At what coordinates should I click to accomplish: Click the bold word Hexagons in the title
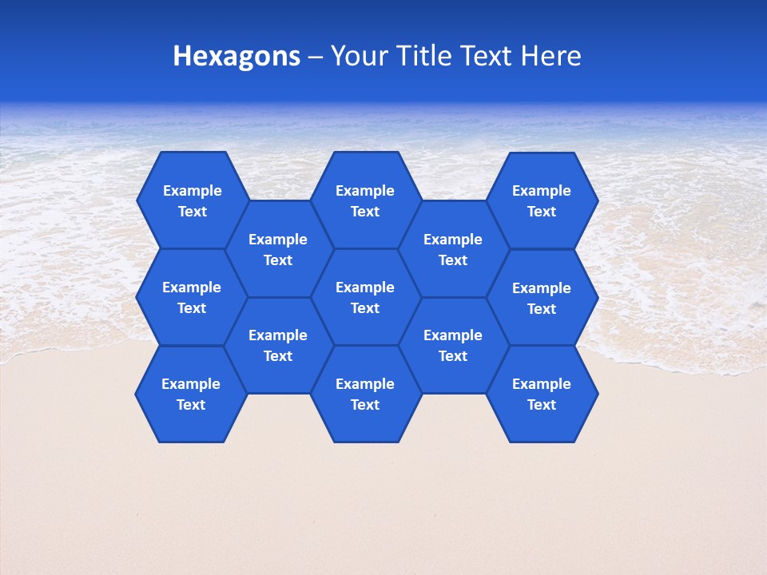tap(236, 57)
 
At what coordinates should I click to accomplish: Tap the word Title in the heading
tap(421, 56)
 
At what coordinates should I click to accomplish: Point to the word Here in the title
tap(550, 56)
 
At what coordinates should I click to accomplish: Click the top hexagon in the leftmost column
tap(192, 200)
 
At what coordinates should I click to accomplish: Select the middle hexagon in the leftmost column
tap(192, 297)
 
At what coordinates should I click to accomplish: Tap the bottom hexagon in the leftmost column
tap(191, 394)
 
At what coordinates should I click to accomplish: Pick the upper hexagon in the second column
tap(278, 249)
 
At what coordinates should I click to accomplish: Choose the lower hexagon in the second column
tap(278, 345)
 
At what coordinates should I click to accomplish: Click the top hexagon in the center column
tap(365, 200)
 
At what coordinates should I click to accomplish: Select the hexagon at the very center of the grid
tap(365, 297)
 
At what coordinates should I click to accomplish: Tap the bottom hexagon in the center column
tap(365, 394)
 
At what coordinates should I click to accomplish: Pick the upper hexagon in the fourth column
tap(453, 249)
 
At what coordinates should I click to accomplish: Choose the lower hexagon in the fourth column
tap(453, 345)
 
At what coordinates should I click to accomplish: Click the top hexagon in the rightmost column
tap(542, 200)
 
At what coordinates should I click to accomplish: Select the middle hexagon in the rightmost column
tap(542, 298)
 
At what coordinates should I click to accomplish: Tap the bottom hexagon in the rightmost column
tap(542, 394)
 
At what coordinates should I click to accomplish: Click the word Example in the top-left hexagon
tap(192, 191)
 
